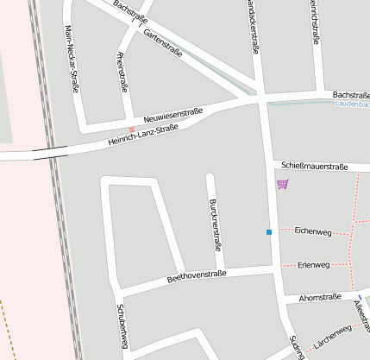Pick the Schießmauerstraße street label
[x=314, y=165]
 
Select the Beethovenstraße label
[x=196, y=276]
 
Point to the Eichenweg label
[x=312, y=231]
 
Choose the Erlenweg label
[x=312, y=264]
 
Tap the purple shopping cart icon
[x=282, y=184]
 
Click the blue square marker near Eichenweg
[x=269, y=231]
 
